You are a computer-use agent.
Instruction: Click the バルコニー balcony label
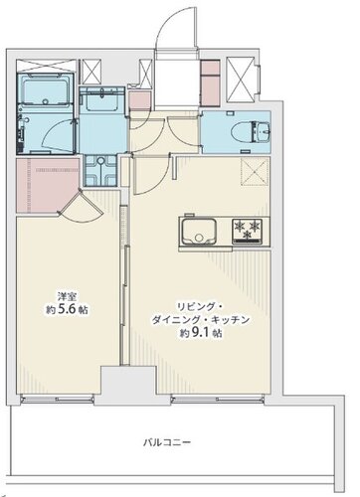[x=167, y=442]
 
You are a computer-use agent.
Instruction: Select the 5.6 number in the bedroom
[x=68, y=309]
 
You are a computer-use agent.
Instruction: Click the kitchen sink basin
[x=198, y=232]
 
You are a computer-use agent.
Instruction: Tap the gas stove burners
[x=247, y=231]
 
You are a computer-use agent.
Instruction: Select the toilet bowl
[x=242, y=131]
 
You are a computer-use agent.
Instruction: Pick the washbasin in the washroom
[x=102, y=98]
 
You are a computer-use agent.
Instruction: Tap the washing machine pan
[x=100, y=170]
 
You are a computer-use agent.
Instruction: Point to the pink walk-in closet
[x=49, y=186]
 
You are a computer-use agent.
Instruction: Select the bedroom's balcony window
[x=58, y=399]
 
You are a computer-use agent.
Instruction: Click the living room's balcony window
[x=218, y=399]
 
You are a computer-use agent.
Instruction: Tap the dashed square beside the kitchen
[x=255, y=171]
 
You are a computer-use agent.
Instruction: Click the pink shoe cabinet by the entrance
[x=210, y=83]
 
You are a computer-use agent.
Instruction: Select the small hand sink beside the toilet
[x=262, y=131]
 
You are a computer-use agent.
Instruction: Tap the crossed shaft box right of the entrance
[x=241, y=80]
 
